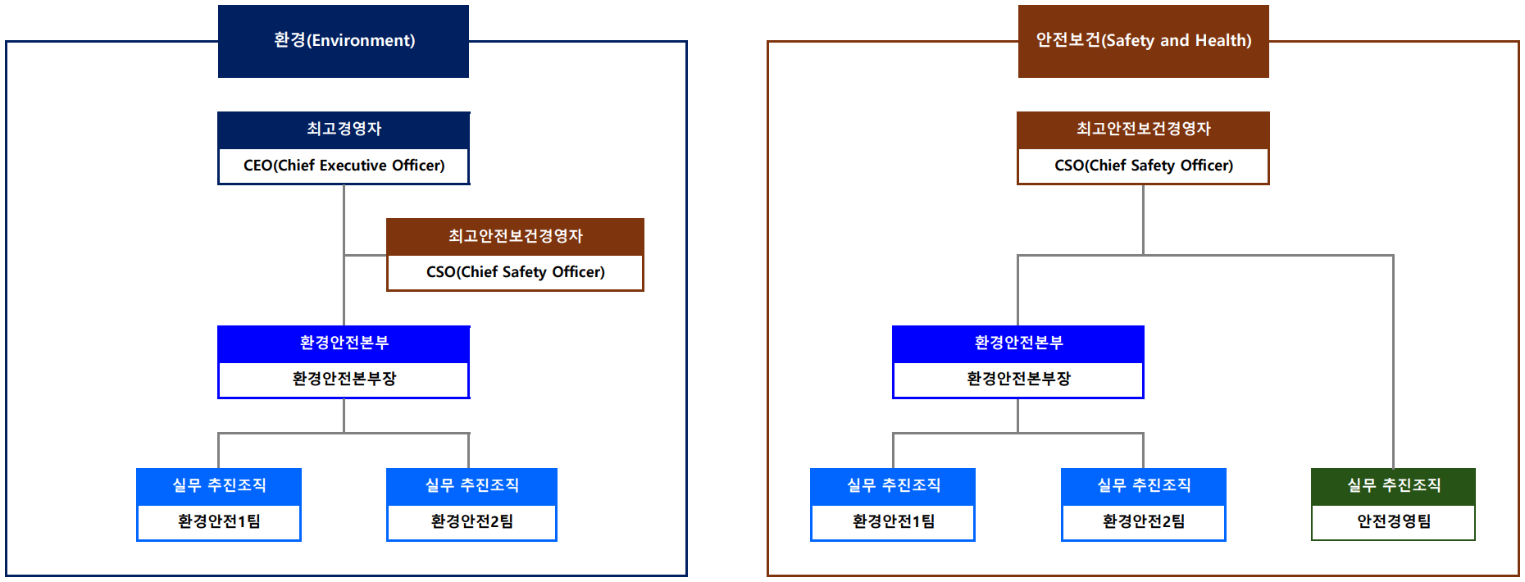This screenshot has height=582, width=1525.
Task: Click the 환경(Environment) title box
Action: click(x=344, y=41)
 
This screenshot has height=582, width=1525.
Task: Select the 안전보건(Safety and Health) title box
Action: click(x=1144, y=41)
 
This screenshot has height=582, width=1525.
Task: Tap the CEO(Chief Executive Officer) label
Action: click(x=344, y=166)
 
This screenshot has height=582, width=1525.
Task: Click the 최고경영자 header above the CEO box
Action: click(x=344, y=130)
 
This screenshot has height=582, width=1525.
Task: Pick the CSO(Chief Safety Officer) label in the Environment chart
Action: click(x=516, y=272)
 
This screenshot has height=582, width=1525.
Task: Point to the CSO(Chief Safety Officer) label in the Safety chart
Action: click(x=1144, y=166)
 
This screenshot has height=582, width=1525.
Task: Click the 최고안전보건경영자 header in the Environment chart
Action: click(x=515, y=236)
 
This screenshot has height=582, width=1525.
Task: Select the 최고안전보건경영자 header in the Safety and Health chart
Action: click(x=1143, y=130)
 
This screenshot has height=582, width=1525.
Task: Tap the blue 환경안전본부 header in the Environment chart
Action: click(x=344, y=343)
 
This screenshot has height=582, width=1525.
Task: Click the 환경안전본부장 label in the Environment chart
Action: click(x=344, y=379)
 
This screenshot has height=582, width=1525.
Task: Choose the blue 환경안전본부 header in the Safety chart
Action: click(x=1018, y=343)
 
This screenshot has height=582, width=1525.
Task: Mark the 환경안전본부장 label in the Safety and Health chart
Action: click(x=1019, y=379)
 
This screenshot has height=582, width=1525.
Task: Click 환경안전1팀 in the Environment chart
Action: click(x=219, y=521)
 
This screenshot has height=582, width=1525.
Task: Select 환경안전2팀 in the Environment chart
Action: click(x=472, y=521)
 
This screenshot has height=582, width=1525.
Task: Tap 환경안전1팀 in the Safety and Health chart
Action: click(x=894, y=521)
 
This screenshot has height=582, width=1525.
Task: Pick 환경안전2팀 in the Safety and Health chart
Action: click(x=1144, y=521)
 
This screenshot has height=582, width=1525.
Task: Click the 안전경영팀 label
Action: click(x=1394, y=521)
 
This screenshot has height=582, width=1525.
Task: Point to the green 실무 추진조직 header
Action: click(x=1394, y=486)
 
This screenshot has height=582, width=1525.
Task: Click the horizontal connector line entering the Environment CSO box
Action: click(x=366, y=255)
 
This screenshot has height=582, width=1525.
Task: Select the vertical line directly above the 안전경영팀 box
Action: click(x=1393, y=361)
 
